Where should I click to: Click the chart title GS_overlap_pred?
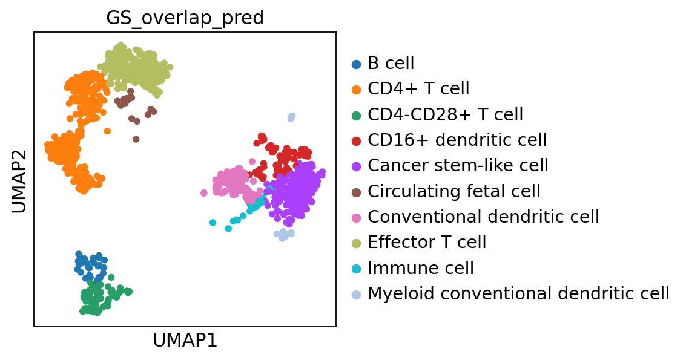[185, 18]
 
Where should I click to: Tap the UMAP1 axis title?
[185, 341]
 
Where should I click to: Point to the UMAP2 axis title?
[19, 179]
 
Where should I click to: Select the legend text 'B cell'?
[391, 64]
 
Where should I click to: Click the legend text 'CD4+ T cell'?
[418, 89]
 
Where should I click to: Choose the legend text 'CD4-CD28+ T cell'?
[445, 114]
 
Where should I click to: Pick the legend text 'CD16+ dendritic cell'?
[457, 140]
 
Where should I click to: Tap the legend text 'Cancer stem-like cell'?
[458, 166]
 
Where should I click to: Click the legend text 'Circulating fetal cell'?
[453, 191]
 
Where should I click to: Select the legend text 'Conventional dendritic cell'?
[483, 217]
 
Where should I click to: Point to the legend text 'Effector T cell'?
[427, 243]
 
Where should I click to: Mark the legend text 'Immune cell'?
[421, 268]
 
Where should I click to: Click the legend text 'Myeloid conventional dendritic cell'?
[518, 293]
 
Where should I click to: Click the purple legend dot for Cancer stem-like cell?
[356, 166]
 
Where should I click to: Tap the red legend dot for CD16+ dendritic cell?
[356, 140]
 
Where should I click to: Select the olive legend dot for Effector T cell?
[356, 243]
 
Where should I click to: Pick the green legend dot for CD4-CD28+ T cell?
[356, 115]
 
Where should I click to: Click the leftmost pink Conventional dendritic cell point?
[204, 193]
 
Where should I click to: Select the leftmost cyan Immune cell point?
[213, 223]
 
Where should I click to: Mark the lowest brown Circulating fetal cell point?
[136, 139]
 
